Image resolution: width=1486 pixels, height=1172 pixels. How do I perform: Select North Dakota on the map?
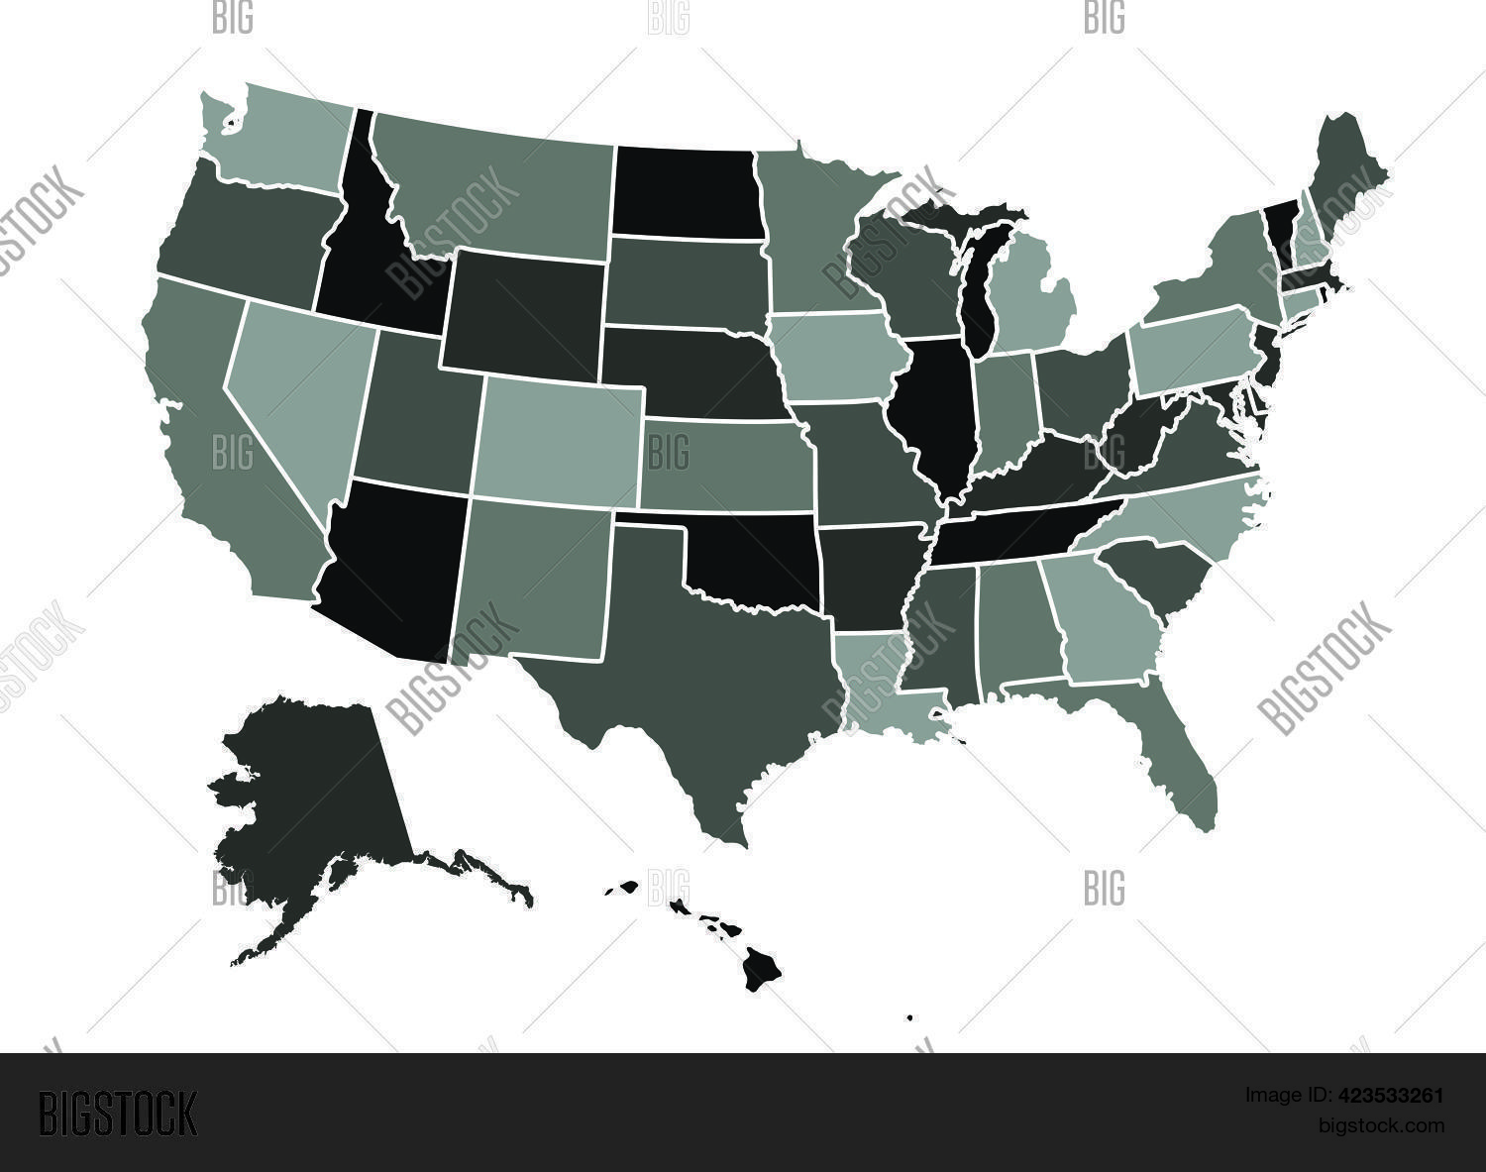point(687,191)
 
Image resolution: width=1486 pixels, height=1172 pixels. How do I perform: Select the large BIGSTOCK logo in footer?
point(118,1113)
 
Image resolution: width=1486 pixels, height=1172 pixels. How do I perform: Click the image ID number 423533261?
point(1393,1095)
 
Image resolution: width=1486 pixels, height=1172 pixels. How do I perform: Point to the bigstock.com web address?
point(1380,1125)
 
